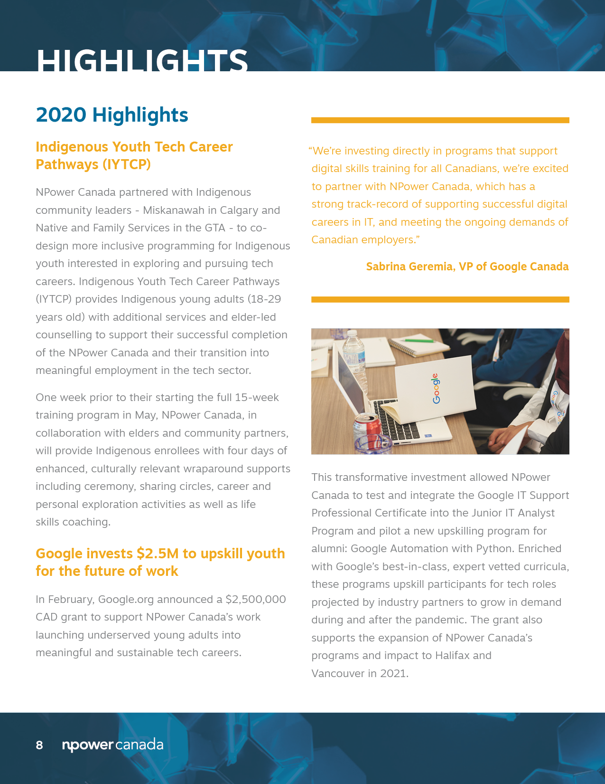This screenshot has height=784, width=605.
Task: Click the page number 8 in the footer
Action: click(39, 745)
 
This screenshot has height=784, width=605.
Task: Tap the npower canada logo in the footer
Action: click(113, 745)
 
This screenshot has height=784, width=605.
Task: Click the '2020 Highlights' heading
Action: click(112, 115)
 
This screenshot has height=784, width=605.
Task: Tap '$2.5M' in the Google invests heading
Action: click(158, 554)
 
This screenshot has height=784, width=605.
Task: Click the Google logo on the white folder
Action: click(436, 389)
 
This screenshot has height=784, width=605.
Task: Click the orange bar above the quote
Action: click(440, 120)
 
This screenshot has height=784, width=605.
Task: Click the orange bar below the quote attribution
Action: click(440, 299)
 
